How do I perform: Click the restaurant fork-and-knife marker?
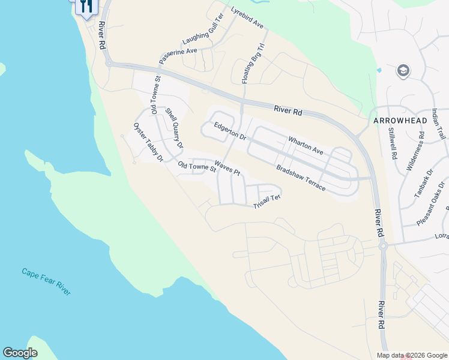click(x=86, y=7)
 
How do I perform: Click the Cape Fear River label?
click(x=46, y=281)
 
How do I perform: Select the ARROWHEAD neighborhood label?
click(x=400, y=121)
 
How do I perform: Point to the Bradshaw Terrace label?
click(x=301, y=178)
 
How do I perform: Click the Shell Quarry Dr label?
click(x=173, y=128)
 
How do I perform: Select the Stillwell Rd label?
click(x=393, y=143)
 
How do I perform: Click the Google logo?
click(x=20, y=353)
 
